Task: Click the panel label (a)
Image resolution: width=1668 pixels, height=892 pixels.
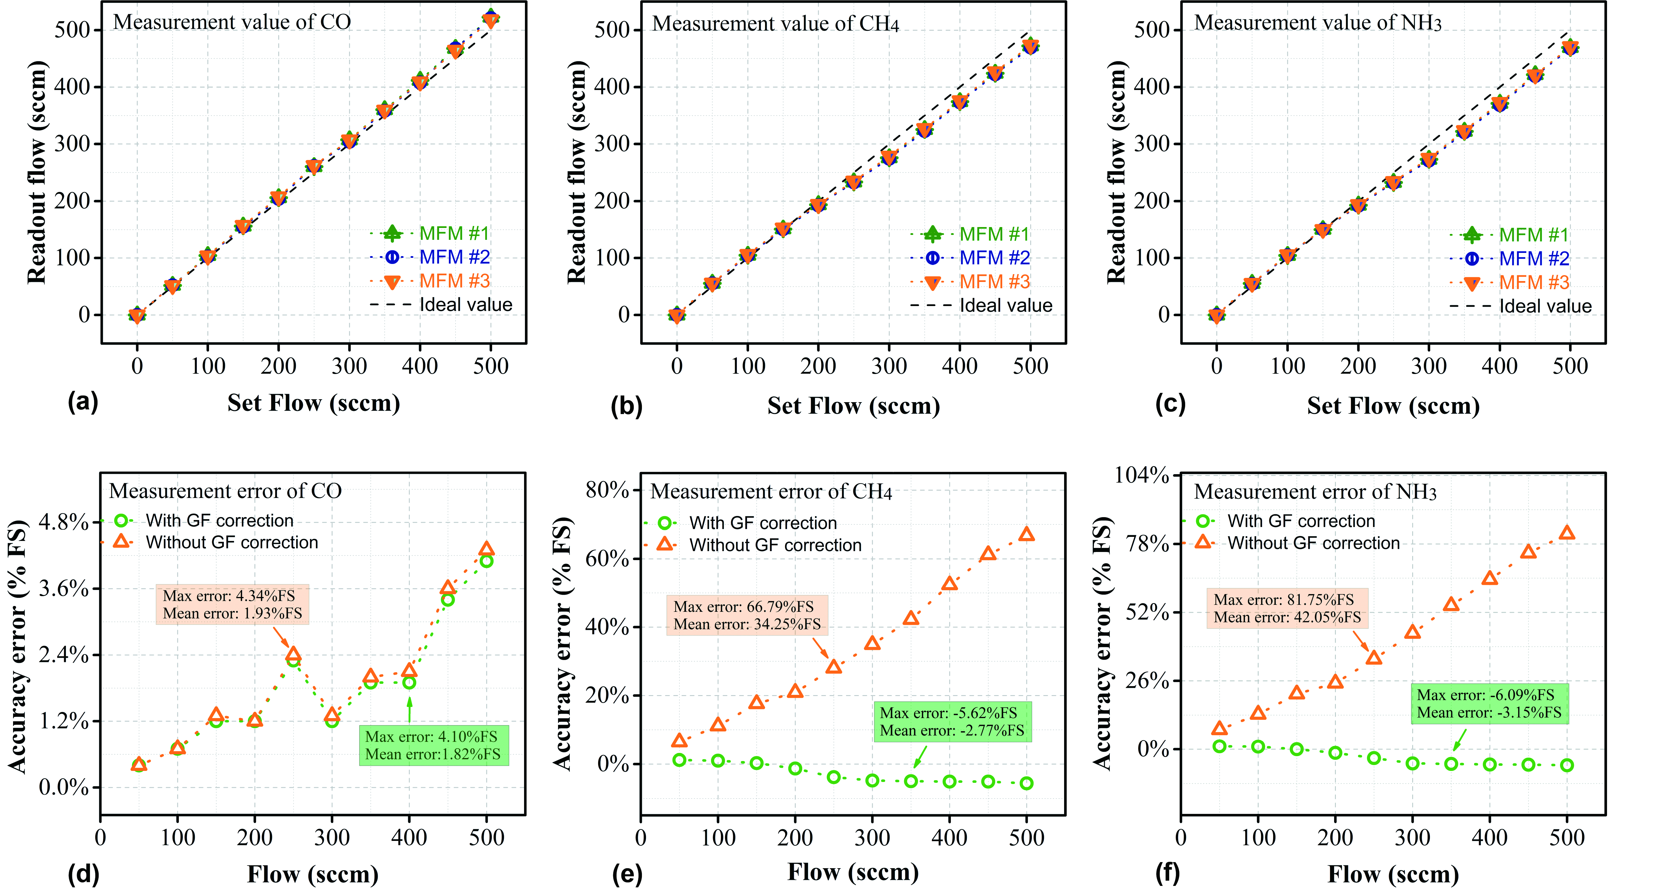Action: pyautogui.click(x=83, y=402)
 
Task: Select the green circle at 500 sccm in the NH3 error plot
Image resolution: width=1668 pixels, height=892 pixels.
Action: pyautogui.click(x=1567, y=765)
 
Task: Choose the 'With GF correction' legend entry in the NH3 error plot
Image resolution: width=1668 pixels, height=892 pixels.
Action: pyautogui.click(x=1300, y=521)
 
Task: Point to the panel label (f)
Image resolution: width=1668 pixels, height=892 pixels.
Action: pyautogui.click(x=1167, y=873)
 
